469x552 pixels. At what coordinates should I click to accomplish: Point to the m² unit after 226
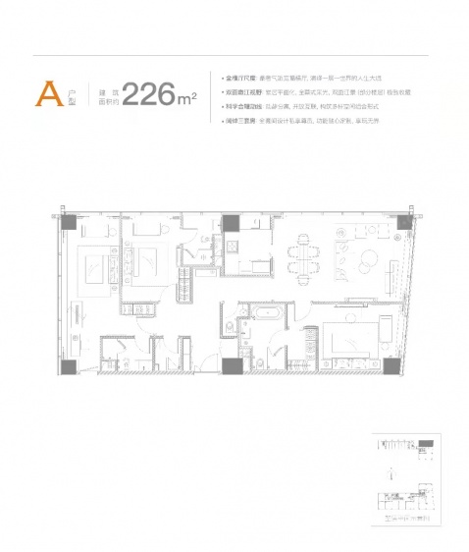coord(188,97)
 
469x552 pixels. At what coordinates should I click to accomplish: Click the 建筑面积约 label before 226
coord(105,95)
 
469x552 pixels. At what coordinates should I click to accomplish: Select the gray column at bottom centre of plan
coord(231,366)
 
